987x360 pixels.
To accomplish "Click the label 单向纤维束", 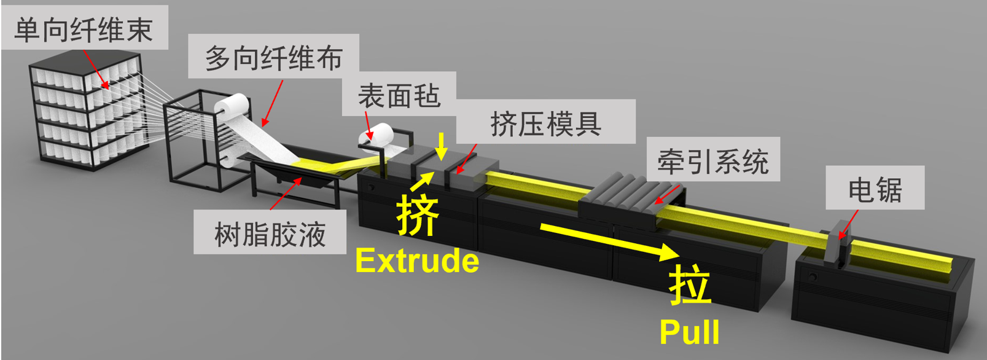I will click(84, 29).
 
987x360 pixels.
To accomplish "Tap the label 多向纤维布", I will click(273, 57).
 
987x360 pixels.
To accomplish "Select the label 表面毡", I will click(399, 95).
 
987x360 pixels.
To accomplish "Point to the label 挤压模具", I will click(545, 123).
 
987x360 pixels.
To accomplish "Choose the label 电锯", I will click(875, 190).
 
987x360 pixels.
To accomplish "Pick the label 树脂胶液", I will click(270, 233).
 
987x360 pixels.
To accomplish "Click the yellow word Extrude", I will click(417, 260).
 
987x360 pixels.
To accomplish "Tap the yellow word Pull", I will click(689, 332).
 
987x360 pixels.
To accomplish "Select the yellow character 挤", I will click(418, 214).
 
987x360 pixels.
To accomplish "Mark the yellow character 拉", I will click(690, 285).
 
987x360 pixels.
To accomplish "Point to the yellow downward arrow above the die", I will click(441, 145).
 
